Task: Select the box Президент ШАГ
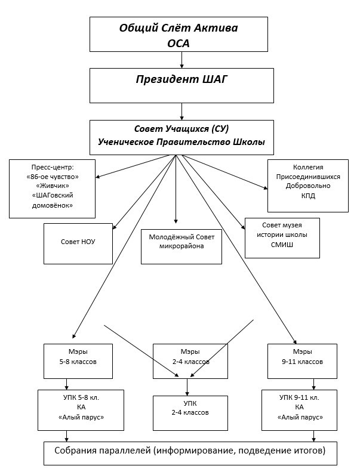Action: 181,85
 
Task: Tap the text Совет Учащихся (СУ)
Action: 181,129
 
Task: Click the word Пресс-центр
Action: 53,166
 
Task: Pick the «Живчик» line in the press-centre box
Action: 53,186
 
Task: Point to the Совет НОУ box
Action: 78,243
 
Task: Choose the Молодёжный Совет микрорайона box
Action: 181,246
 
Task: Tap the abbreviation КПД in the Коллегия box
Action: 308,195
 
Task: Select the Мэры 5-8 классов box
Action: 78,360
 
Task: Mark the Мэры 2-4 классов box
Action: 190,360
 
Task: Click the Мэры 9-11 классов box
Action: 303,360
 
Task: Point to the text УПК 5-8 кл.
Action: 81,398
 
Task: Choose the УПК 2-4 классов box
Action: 190,412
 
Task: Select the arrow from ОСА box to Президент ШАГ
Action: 181,60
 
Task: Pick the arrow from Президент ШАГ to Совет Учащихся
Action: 181,112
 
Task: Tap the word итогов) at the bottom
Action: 308,451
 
